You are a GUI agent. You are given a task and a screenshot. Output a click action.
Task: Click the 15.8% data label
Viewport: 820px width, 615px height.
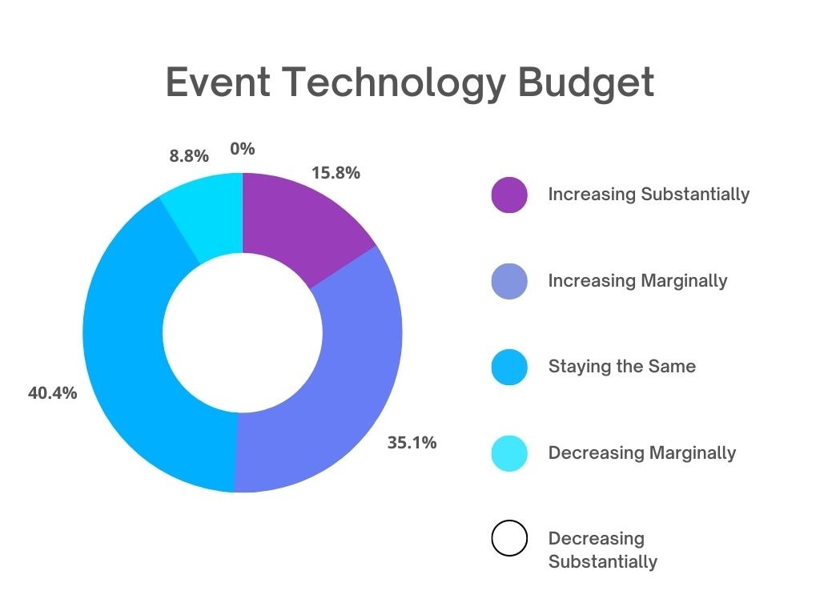[336, 173]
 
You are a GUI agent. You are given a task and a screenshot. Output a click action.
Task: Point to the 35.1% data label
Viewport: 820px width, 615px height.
[412, 443]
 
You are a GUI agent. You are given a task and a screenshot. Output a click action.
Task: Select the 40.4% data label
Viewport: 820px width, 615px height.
[52, 392]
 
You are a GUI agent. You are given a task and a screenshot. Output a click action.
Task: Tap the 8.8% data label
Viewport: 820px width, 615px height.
[189, 156]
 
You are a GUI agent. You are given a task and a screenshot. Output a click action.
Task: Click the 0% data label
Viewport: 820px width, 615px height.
[242, 148]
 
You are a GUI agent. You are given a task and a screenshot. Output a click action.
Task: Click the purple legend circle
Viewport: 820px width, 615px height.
[508, 195]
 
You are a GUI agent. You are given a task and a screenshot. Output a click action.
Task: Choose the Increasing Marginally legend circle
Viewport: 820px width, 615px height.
[508, 281]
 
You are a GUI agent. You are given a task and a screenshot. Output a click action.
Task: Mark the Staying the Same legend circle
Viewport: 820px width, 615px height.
[508, 367]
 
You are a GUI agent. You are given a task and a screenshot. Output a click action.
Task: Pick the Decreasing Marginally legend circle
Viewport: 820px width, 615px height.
[508, 453]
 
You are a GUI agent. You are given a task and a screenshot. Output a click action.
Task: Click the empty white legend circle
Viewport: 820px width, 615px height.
[508, 538]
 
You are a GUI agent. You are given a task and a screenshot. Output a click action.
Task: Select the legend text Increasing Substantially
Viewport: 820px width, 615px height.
[649, 194]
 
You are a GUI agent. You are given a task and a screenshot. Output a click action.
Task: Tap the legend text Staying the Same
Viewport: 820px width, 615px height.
[621, 367]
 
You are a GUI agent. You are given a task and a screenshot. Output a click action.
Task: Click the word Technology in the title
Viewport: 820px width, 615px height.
[394, 83]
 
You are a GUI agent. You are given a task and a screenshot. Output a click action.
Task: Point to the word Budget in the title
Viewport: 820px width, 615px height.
[585, 83]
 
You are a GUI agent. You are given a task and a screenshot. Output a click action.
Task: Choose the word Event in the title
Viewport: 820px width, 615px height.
[218, 82]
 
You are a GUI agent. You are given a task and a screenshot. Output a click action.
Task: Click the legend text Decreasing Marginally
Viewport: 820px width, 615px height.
[641, 453]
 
